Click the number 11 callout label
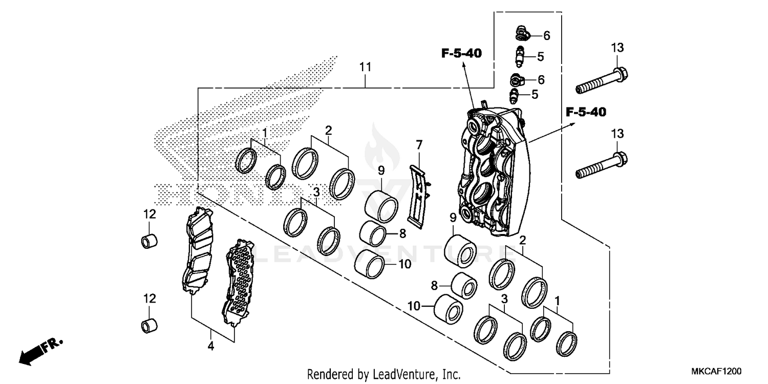pos(365,67)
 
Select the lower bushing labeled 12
pos(149,324)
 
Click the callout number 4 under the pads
pos(210,347)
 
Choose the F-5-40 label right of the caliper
pos(586,112)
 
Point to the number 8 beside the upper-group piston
pos(402,233)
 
